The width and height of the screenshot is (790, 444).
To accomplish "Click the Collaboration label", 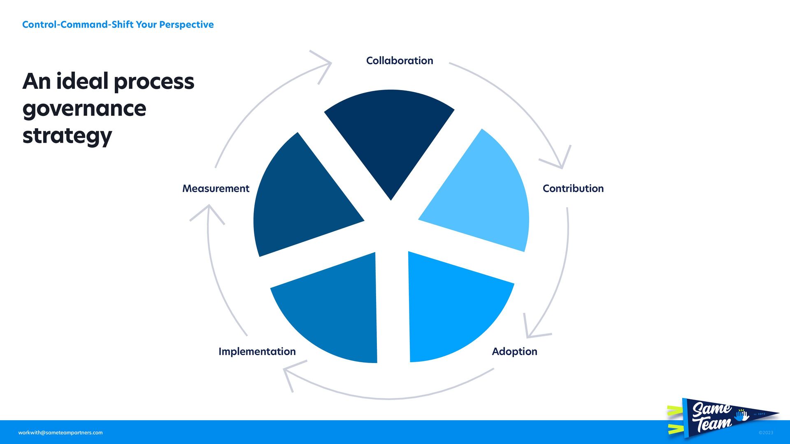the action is (x=400, y=61).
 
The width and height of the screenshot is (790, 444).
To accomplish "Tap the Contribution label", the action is (x=573, y=189).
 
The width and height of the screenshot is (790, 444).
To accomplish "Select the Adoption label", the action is (x=514, y=351).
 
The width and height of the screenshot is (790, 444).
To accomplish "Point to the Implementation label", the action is (x=257, y=351).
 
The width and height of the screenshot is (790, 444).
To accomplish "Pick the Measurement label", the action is (x=216, y=189).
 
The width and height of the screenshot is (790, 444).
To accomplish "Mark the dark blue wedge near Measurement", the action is (x=300, y=201).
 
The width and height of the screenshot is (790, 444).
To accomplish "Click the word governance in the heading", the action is (x=84, y=109).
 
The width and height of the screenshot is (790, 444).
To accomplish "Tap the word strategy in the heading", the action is (x=67, y=136).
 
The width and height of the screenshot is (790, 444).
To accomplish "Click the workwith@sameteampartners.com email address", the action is (x=60, y=432).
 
